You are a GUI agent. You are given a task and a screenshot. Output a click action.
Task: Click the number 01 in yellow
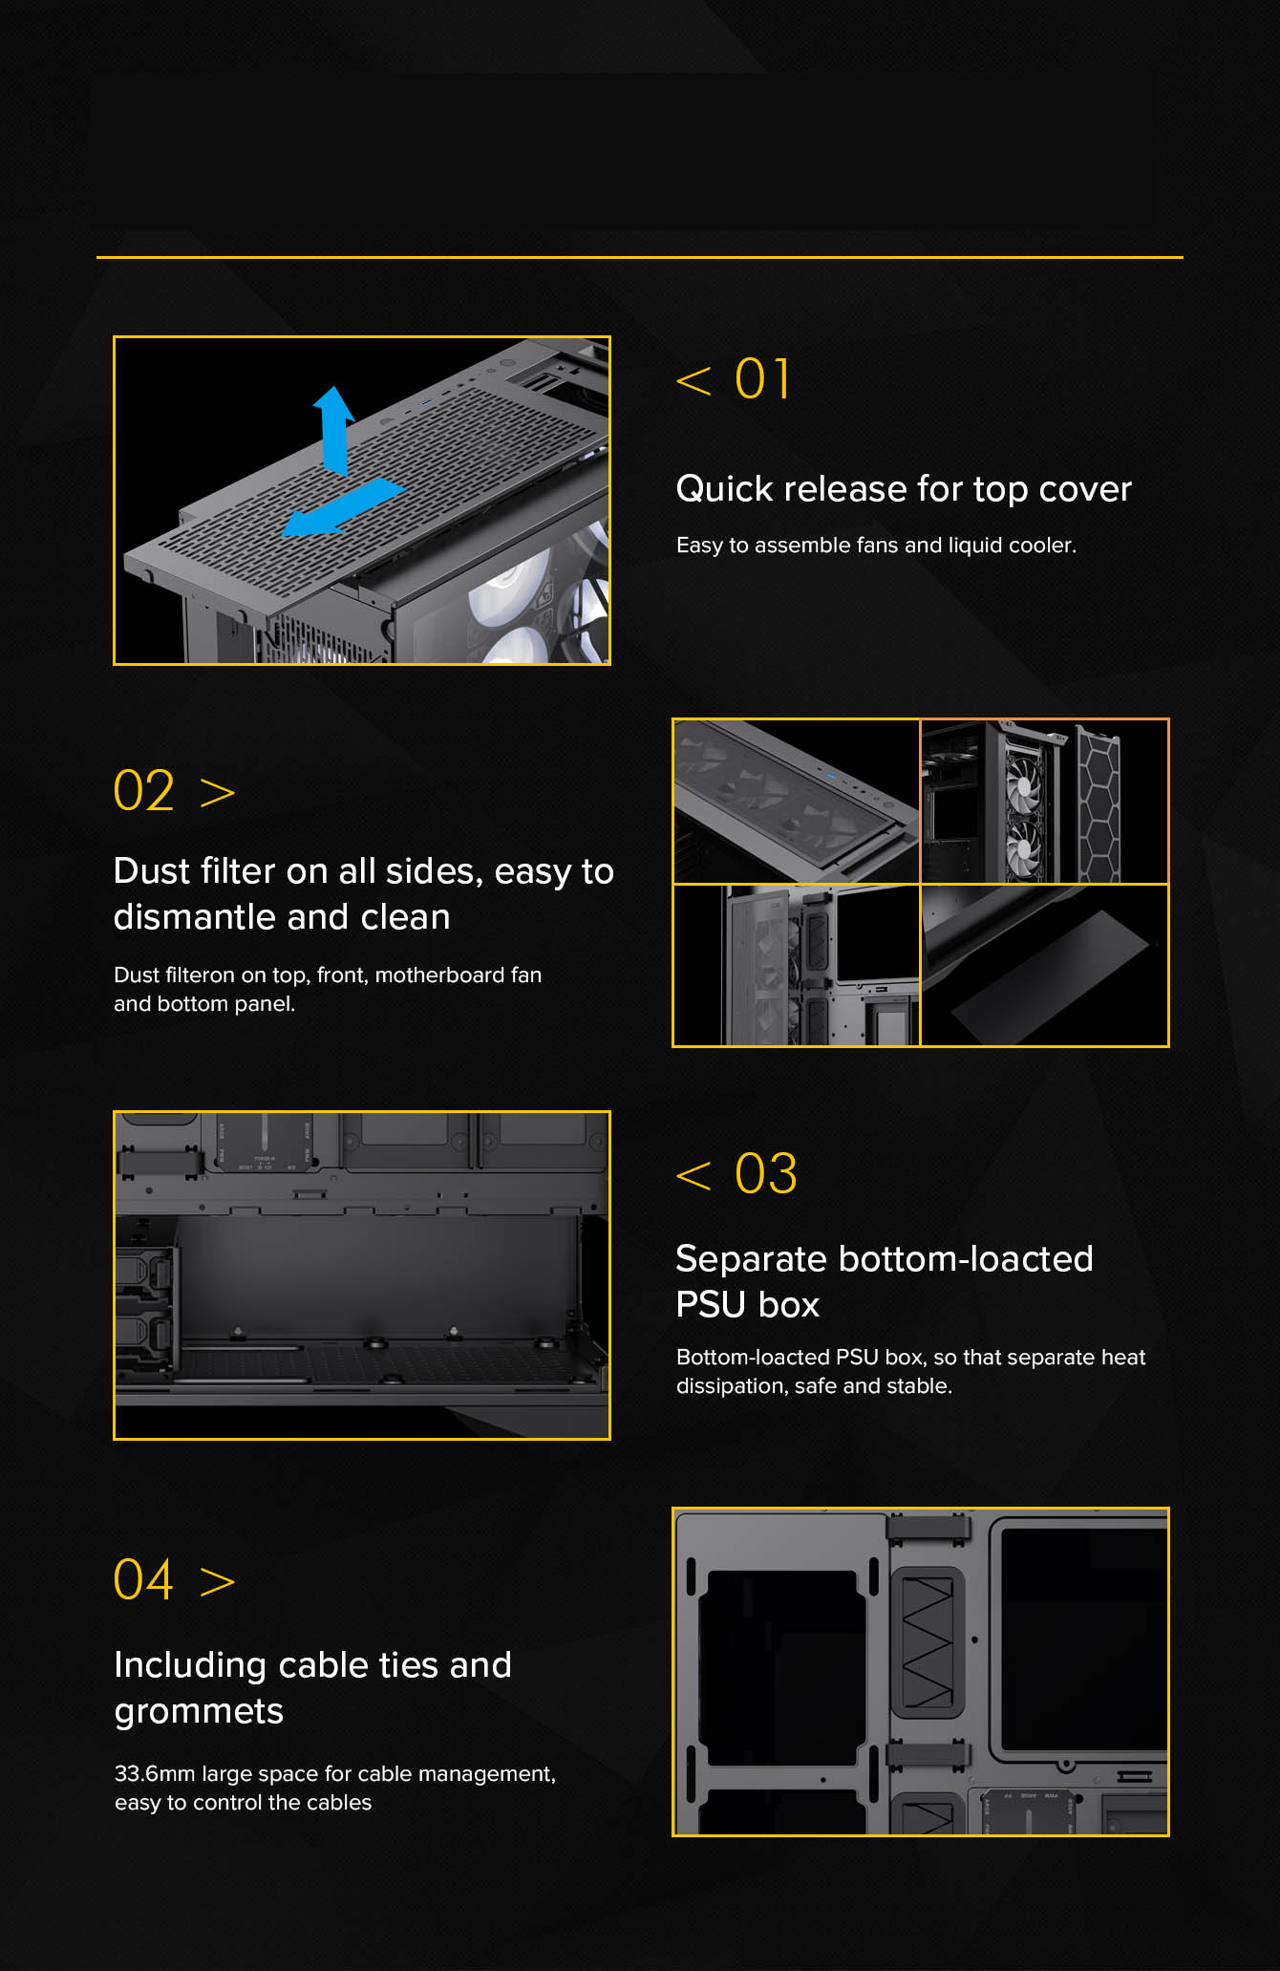click(x=762, y=379)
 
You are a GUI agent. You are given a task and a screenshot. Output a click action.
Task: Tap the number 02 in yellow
click(x=144, y=791)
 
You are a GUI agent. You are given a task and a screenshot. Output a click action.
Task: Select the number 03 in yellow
click(x=765, y=1173)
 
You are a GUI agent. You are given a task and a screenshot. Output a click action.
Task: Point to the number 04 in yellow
click(x=144, y=1579)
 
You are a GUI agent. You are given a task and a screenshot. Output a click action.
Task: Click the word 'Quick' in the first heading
click(x=724, y=489)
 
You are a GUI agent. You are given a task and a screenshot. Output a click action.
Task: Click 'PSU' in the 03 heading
click(x=711, y=1305)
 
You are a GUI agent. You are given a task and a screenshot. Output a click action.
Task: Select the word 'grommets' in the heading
click(x=199, y=1712)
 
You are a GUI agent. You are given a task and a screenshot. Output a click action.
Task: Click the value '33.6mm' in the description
click(x=155, y=1774)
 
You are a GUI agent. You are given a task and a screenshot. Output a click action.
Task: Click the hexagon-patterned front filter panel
click(x=1099, y=803)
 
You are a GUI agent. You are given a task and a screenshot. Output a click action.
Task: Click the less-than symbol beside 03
click(x=693, y=1175)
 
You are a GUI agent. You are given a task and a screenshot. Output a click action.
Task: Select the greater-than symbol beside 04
click(x=218, y=1582)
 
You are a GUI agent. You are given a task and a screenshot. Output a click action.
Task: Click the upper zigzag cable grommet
click(x=928, y=1641)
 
